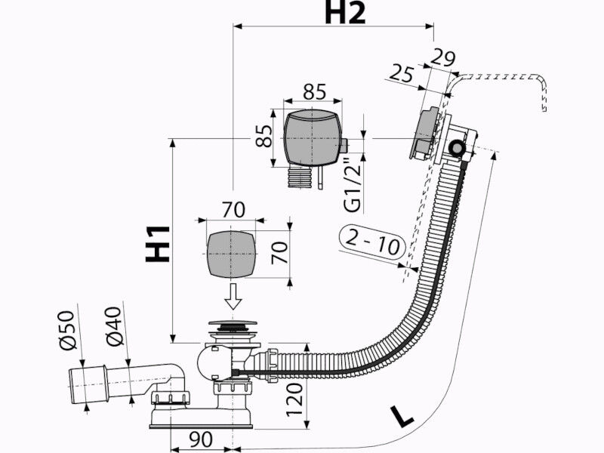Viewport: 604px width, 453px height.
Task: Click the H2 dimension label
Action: click(345, 13)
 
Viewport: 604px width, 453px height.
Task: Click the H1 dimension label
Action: click(158, 244)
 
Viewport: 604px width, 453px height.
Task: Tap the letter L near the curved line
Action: click(402, 416)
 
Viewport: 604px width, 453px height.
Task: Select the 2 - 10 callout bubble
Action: click(372, 242)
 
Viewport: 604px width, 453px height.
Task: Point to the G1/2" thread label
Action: click(353, 185)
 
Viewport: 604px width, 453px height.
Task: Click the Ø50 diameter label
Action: click(67, 330)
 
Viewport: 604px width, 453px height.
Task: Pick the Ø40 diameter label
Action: click(115, 326)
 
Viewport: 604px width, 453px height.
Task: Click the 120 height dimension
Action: click(295, 400)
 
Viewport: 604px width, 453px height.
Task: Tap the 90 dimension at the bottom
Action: click(201, 439)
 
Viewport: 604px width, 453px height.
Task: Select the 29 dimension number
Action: click(442, 58)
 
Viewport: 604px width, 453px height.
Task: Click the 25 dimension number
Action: click(401, 73)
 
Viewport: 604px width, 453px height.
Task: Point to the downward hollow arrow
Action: click(233, 296)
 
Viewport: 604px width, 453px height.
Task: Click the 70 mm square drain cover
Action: click(232, 254)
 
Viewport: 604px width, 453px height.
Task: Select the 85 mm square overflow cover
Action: click(313, 138)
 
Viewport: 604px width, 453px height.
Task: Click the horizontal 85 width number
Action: click(314, 92)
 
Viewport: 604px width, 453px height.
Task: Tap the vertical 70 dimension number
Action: click(280, 253)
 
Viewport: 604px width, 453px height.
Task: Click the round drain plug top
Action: click(233, 324)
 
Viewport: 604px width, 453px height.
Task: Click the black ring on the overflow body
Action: click(458, 148)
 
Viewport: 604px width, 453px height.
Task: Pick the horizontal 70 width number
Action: click(233, 210)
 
